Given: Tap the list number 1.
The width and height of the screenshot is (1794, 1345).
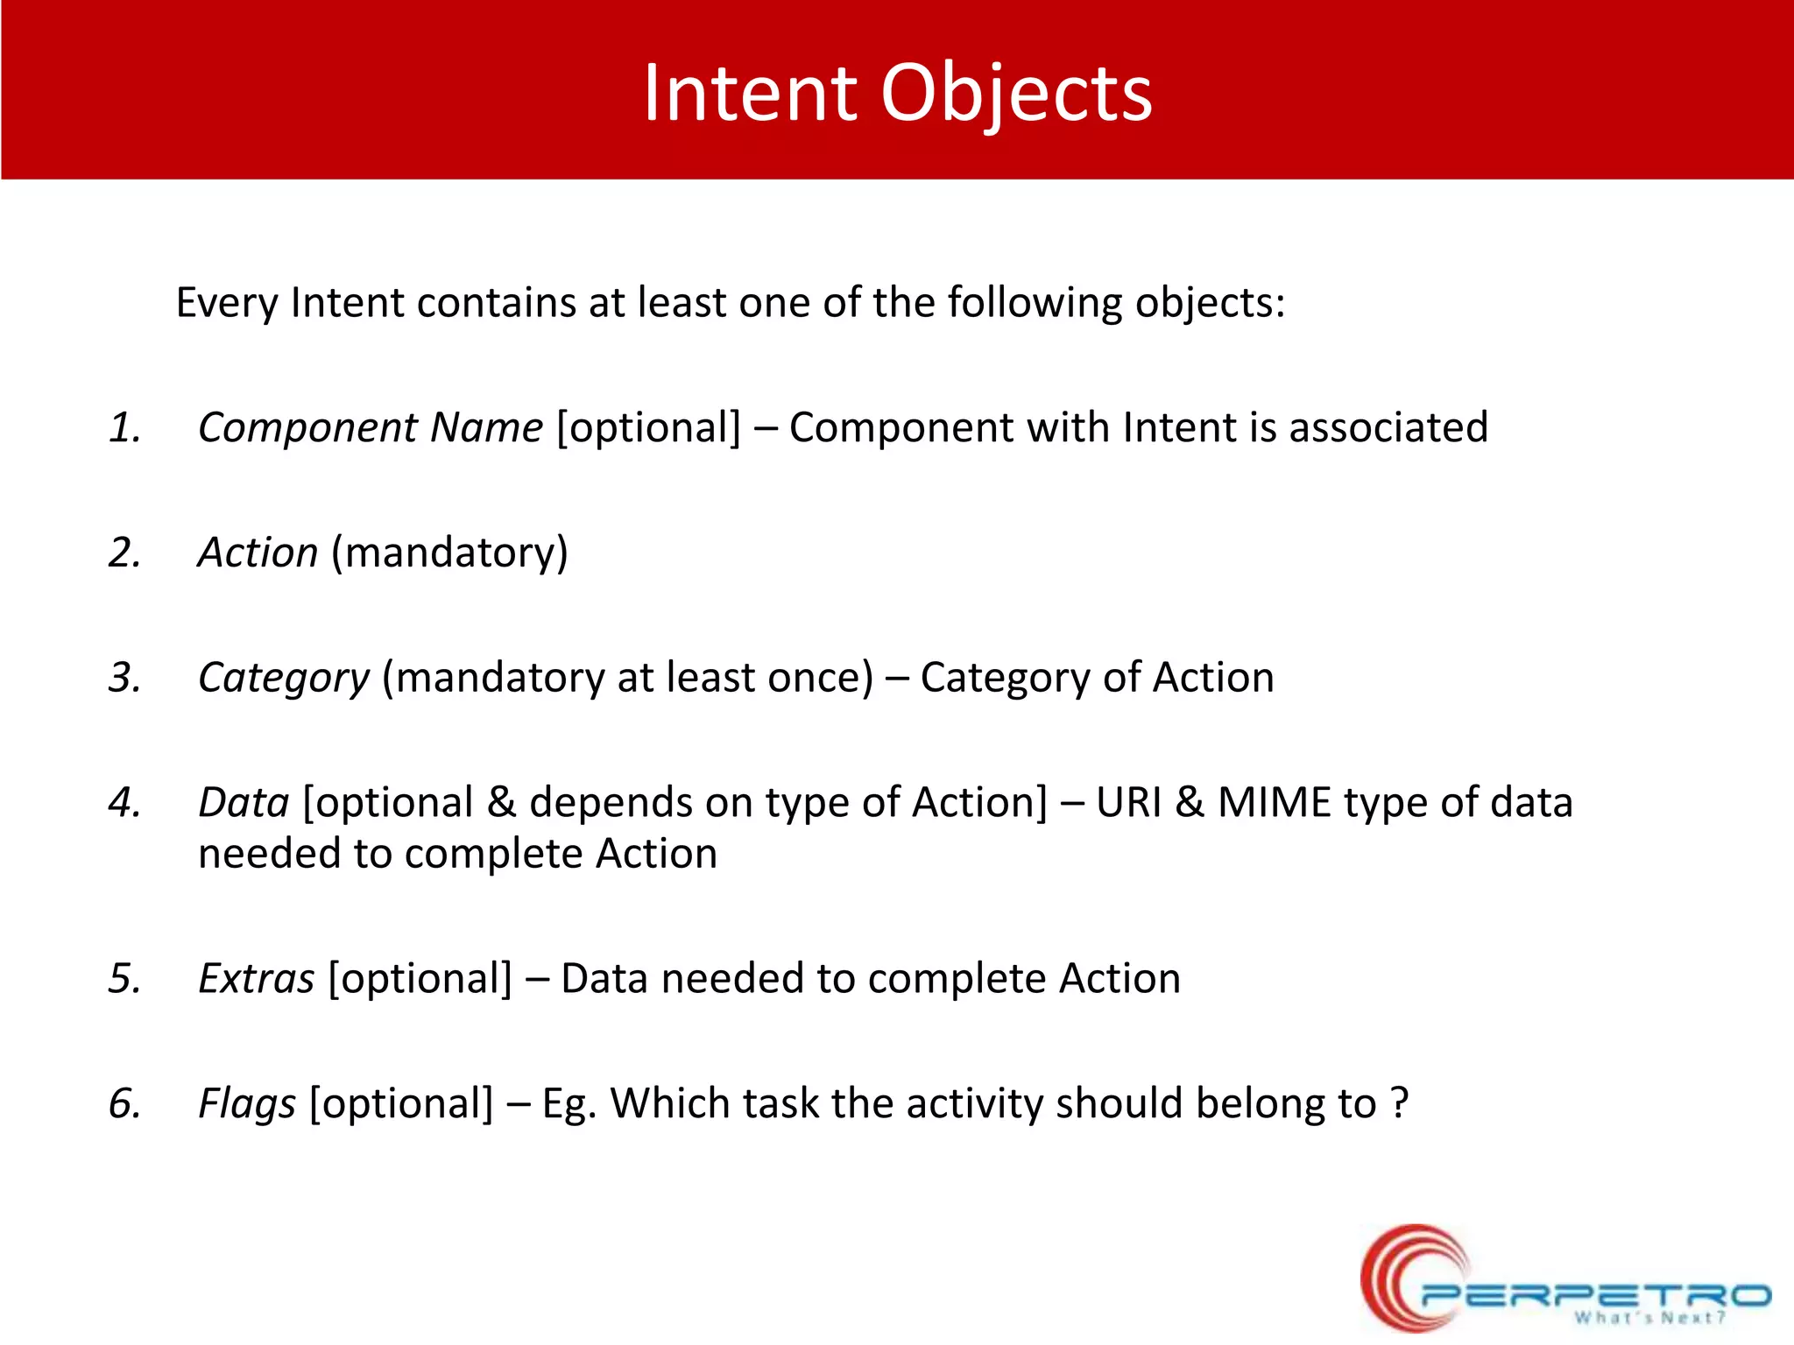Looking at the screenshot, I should point(125,428).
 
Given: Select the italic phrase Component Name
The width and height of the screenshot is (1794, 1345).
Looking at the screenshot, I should point(371,428).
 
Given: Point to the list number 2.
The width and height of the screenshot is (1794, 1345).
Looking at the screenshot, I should point(125,553).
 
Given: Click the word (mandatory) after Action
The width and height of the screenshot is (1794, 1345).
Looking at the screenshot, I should point(449,553).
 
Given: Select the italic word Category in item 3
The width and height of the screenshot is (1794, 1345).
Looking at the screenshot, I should point(284,679).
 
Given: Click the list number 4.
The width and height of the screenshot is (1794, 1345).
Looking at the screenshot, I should point(125,803).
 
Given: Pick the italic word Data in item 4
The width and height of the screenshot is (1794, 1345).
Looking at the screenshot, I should point(244,803).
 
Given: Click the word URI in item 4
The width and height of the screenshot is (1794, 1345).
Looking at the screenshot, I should point(1128,803).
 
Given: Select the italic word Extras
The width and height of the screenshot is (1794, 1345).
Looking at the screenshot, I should point(256,979).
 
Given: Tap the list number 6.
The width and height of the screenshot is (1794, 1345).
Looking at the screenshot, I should point(125,1103).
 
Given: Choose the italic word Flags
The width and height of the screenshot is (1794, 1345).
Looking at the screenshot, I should point(247,1103).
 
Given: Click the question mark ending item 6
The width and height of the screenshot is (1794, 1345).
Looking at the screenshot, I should point(1399,1103).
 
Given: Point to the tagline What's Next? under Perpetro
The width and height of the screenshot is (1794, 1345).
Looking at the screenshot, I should point(1649,1318).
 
